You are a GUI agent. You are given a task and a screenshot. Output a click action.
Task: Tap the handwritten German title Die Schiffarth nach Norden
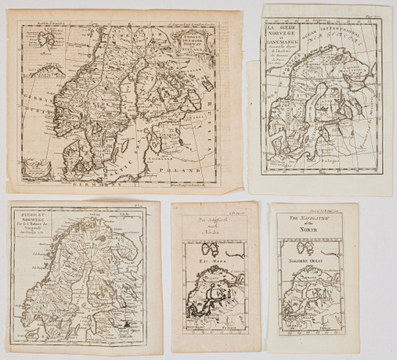click(205, 221)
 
